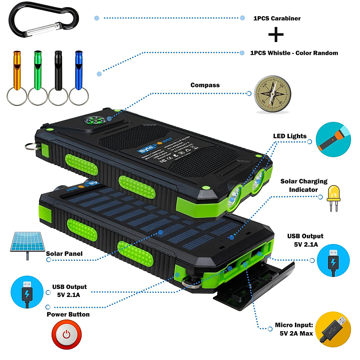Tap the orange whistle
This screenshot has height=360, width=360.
(17, 70)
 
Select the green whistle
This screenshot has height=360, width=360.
(37, 70)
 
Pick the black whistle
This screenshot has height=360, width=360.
(58, 70)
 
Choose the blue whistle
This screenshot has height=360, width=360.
(79, 70)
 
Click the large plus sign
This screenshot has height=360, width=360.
(276, 35)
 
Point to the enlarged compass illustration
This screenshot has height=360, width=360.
(272, 94)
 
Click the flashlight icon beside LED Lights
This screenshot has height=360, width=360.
(333, 139)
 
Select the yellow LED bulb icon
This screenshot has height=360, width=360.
(334, 197)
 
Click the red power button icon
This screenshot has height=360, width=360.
(66, 334)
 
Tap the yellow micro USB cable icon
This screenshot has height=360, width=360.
(333, 329)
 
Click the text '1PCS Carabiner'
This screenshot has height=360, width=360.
(277, 18)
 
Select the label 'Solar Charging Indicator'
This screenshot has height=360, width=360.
(304, 185)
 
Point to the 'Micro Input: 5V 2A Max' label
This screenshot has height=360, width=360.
(294, 329)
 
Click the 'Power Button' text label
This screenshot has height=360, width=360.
(68, 314)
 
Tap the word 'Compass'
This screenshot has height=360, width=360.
(205, 85)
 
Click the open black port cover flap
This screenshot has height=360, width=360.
(255, 288)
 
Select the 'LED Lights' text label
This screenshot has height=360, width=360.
(290, 136)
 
